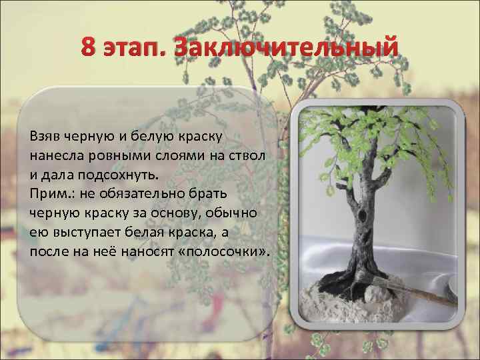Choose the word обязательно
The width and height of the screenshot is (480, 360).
[x=139, y=193]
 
